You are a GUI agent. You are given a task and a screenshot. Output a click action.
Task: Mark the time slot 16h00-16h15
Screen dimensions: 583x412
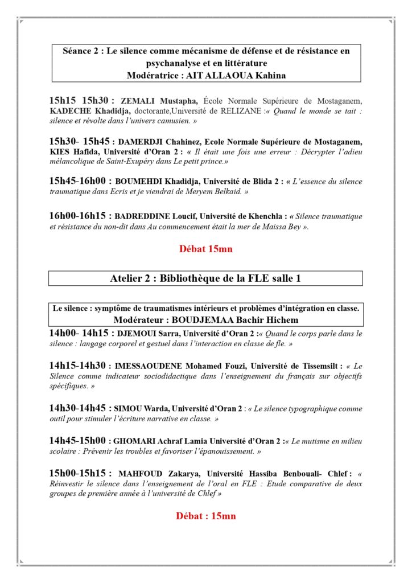pyautogui.click(x=80, y=216)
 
